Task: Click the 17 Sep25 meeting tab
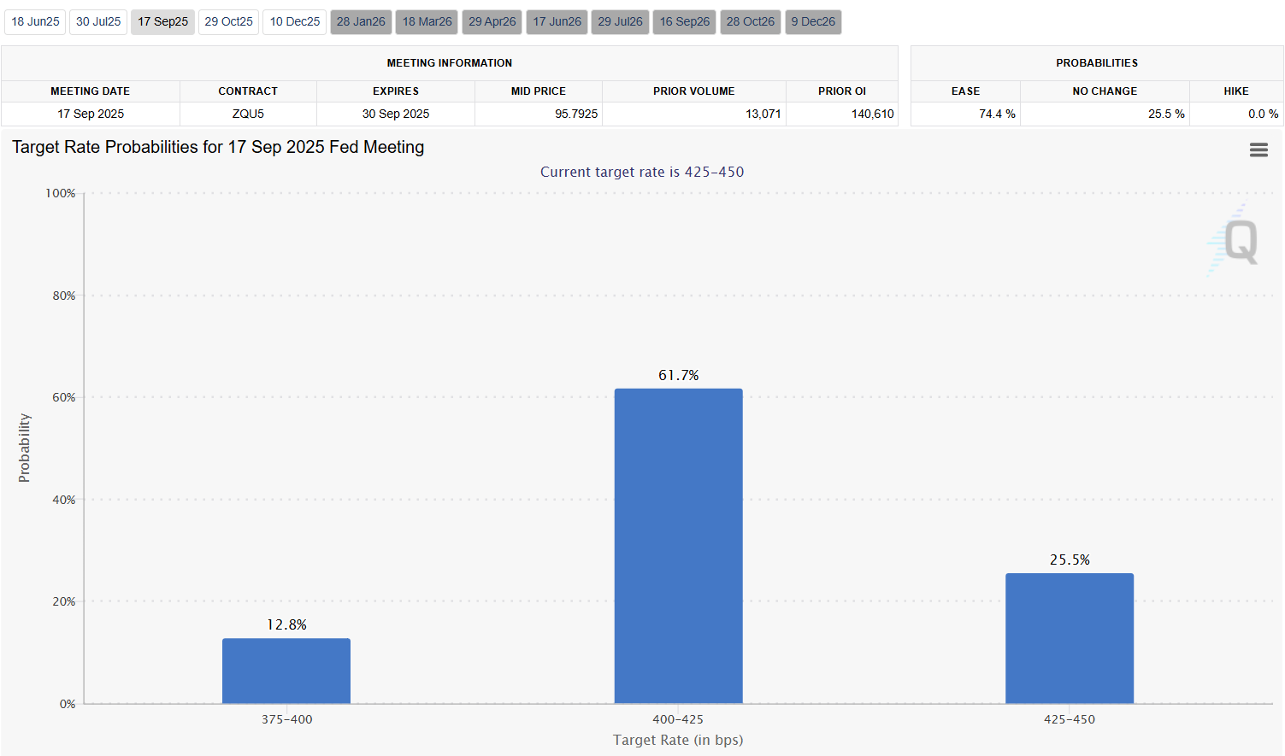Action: [162, 21]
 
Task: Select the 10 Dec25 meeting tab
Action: [295, 21]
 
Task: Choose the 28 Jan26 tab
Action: [361, 21]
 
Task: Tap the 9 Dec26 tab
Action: [813, 21]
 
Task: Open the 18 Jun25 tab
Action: [35, 21]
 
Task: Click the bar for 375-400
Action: [286, 671]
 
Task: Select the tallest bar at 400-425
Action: [678, 547]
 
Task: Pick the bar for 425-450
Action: [1070, 638]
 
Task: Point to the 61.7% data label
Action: [678, 375]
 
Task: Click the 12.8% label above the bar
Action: [286, 624]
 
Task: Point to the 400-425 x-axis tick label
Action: [678, 719]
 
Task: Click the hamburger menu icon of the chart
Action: [1258, 150]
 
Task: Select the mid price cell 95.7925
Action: [576, 114]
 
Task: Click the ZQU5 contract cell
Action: [248, 114]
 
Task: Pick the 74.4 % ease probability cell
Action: [997, 114]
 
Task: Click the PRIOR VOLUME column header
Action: [693, 91]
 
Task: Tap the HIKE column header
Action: [1235, 91]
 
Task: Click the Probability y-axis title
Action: [24, 448]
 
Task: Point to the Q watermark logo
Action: [1240, 242]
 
